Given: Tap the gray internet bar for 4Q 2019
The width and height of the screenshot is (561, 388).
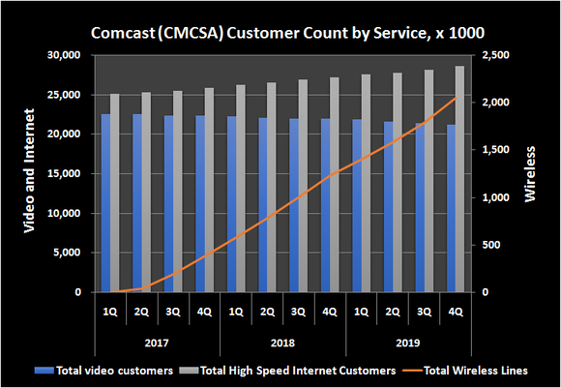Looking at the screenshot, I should point(460,179).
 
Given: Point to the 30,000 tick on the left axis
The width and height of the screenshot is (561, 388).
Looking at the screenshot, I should point(66,56).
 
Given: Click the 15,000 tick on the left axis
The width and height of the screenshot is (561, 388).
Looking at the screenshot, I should point(66,174).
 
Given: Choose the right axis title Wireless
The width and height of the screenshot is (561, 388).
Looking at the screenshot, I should point(529,174).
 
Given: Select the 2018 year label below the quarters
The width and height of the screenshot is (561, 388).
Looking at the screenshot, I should point(282,343).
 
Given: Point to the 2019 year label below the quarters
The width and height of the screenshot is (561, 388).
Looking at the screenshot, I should point(408,343).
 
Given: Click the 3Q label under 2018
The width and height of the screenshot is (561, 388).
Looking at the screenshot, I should point(298,312).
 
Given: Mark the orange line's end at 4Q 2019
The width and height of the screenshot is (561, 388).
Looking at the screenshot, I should point(455,98).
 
